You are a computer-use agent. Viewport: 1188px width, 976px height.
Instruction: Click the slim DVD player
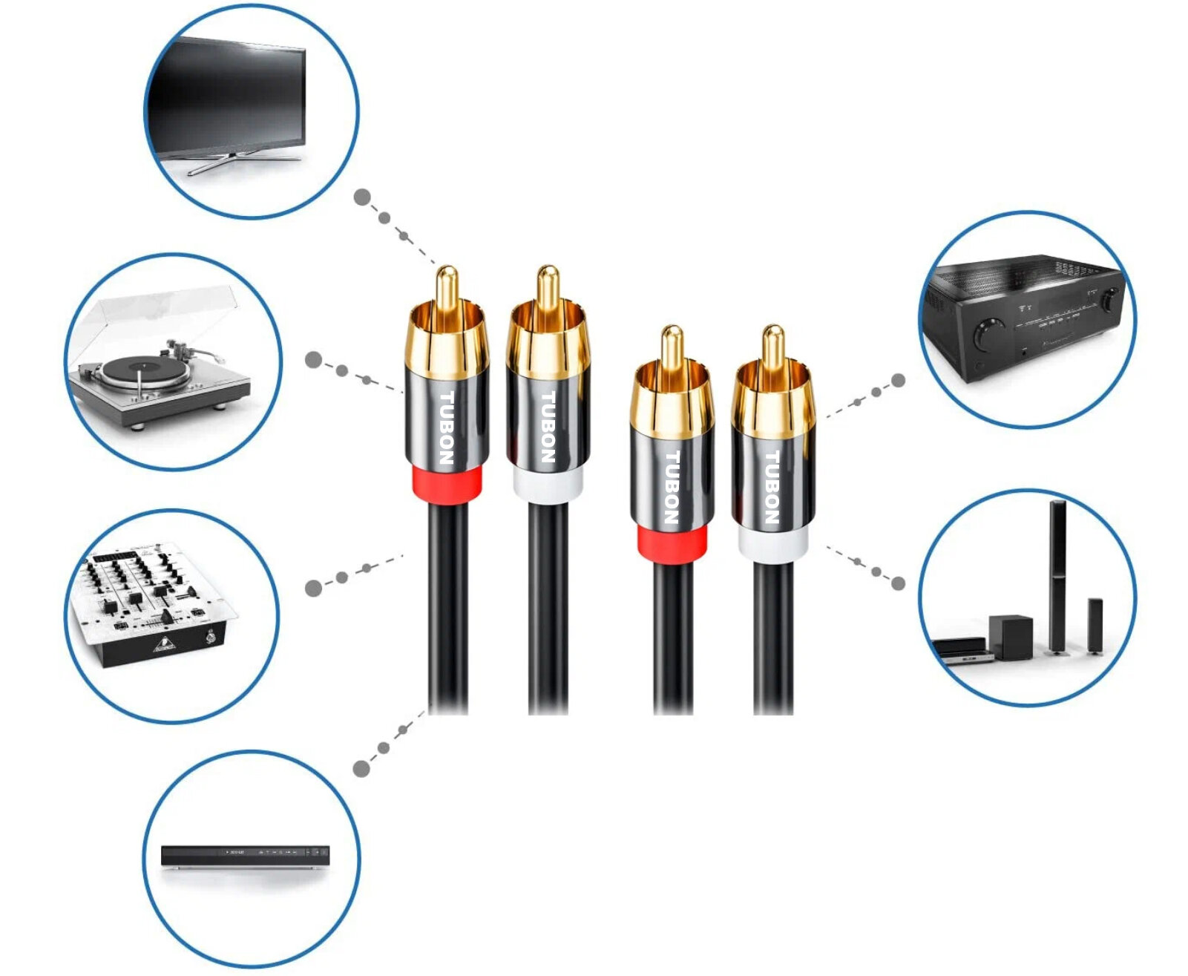point(245,856)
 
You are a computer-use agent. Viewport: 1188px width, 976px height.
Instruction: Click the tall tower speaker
point(1057,575)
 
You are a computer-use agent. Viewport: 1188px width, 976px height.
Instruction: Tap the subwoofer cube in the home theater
point(1011,637)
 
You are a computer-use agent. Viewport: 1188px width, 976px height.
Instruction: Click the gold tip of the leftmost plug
point(446,286)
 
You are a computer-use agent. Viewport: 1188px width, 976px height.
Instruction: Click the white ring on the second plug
point(548,486)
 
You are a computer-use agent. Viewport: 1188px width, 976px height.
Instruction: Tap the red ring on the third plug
point(672,546)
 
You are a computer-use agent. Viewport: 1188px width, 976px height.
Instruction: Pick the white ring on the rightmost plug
point(772,546)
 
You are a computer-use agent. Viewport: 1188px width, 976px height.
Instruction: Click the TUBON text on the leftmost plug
point(447,428)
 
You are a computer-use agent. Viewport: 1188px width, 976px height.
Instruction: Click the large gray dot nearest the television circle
point(362,197)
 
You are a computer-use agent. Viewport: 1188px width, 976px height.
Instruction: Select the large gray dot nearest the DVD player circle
point(361,768)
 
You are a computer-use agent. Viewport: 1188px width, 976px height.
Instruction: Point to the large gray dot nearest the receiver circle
point(898,381)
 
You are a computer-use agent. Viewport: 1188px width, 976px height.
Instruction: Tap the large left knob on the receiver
point(988,333)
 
